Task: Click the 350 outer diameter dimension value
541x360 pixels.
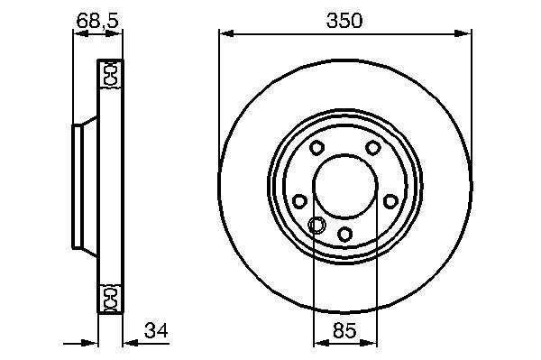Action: (344, 21)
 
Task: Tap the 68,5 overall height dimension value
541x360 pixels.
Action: (97, 21)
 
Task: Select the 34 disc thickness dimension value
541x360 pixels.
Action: (156, 330)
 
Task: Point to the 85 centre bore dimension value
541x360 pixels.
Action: (344, 330)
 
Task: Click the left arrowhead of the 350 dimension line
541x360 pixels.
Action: (226, 33)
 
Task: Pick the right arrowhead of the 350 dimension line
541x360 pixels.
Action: (463, 33)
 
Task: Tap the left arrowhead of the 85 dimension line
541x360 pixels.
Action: (321, 343)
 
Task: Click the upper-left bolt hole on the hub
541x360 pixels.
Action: (316, 148)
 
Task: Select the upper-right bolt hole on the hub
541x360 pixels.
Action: (372, 148)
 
